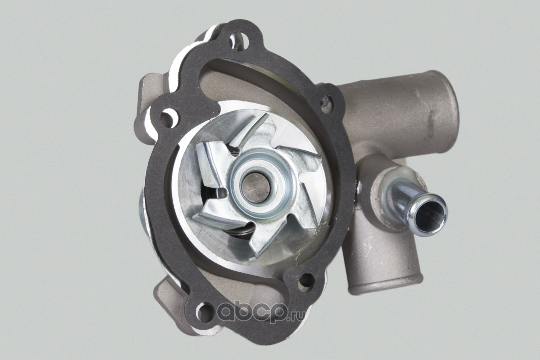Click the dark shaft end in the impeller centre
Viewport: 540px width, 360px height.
click(x=256, y=188)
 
